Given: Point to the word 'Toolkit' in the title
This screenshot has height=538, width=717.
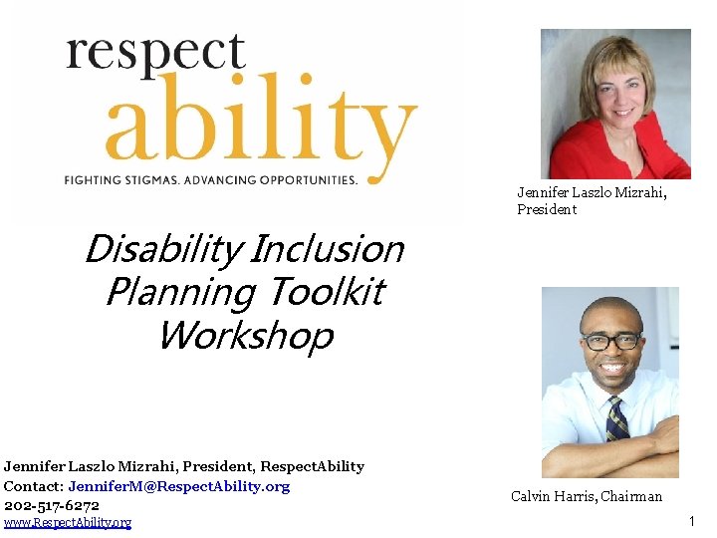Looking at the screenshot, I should pos(324,293).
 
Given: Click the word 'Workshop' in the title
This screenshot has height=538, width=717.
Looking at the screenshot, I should pos(245,336).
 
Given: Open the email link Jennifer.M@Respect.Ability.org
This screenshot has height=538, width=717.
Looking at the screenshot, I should pos(179,486).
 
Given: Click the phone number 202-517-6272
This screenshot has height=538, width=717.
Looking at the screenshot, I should pos(52,505).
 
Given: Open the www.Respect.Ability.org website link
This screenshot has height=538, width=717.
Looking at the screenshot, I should pos(67,523).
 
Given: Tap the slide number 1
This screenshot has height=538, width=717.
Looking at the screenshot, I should pos(692,521).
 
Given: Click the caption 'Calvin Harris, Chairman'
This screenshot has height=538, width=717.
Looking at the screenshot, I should pos(586,496).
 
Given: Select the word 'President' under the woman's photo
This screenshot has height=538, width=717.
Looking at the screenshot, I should pos(547,210).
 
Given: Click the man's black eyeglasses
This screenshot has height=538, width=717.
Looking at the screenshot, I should pos(609,341).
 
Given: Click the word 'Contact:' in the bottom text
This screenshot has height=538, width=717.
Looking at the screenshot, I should pos(33,486).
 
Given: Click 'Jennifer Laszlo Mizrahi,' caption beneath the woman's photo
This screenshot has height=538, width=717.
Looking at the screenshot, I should pos(592,193).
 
